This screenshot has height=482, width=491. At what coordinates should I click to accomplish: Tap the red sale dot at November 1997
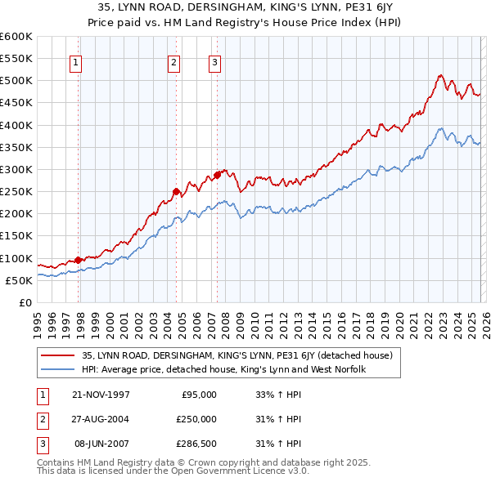pyautogui.click(x=79, y=260)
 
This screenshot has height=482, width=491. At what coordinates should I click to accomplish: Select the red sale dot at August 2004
pyautogui.click(x=177, y=191)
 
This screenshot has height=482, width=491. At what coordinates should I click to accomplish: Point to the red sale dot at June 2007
pyautogui.click(x=217, y=175)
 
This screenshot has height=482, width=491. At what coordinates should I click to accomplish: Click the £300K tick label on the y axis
pyautogui.click(x=16, y=170)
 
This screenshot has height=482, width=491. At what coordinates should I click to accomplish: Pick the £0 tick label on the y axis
pyautogui.click(x=25, y=302)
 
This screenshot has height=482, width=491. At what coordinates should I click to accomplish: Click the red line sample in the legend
pyautogui.click(x=58, y=355)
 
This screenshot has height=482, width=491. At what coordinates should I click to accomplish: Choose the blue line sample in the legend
pyautogui.click(x=58, y=369)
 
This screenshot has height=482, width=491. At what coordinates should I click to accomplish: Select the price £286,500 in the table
pyautogui.click(x=196, y=444)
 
